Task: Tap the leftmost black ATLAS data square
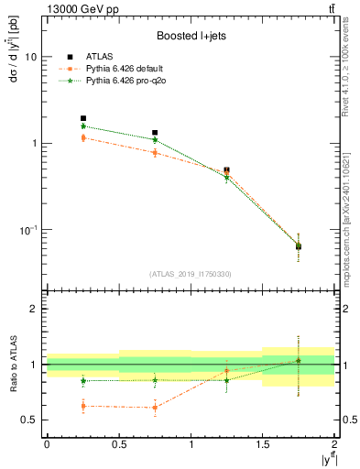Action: point(83,118)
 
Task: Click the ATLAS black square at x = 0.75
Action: point(155,133)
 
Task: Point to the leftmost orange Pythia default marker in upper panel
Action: point(83,137)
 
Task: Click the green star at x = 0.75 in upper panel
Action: point(155,140)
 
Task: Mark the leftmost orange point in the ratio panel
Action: point(83,406)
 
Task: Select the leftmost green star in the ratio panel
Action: point(83,380)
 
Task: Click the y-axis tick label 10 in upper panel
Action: point(30,57)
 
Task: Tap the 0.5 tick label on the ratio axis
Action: point(30,420)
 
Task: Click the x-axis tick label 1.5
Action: point(263,443)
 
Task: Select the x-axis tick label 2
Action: point(334,443)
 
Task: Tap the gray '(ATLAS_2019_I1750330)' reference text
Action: point(190,274)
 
